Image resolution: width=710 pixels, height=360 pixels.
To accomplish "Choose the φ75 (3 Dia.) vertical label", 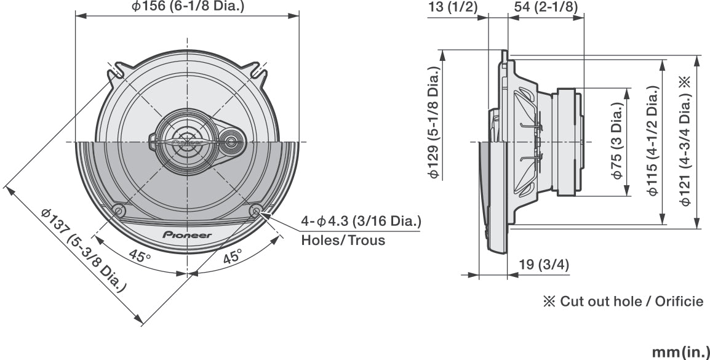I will [x=618, y=141].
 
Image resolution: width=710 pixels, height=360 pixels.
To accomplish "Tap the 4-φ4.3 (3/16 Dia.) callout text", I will [x=361, y=220].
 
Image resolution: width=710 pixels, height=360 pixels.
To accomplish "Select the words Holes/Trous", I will [x=343, y=240].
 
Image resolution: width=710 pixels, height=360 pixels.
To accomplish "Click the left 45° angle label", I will [x=139, y=255].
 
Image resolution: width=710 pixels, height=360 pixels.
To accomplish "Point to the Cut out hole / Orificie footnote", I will [x=622, y=302].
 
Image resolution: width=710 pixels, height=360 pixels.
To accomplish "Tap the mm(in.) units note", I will [x=680, y=351].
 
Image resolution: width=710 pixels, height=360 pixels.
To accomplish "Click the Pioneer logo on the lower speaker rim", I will [x=187, y=235].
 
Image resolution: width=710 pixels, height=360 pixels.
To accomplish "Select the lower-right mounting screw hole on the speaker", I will [x=257, y=210].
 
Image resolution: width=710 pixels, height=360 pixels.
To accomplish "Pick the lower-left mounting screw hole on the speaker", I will [x=119, y=210].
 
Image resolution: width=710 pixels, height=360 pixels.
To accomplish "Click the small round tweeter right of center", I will [x=232, y=142].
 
